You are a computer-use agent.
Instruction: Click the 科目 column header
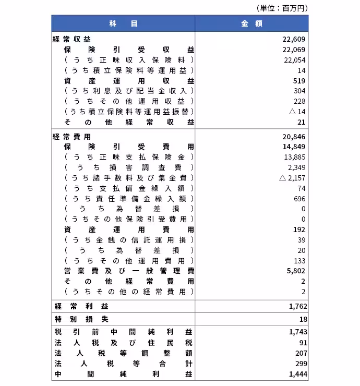click(x=123, y=23)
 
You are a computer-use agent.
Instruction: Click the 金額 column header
click(x=251, y=23)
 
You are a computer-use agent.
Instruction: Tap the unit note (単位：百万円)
click(x=282, y=8)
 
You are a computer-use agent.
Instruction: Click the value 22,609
click(x=294, y=39)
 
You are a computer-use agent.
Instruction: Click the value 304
click(x=299, y=91)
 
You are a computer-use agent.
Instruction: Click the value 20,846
click(x=294, y=137)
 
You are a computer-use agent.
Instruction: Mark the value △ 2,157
click(x=292, y=178)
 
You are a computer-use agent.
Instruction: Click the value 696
click(x=299, y=199)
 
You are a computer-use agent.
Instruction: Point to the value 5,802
click(x=296, y=271)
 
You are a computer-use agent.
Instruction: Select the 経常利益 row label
click(x=78, y=306)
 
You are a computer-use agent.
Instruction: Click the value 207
click(x=301, y=353)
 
